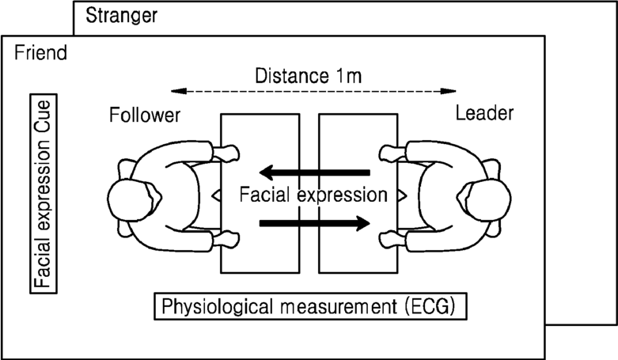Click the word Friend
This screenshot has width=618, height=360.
[x=40, y=54]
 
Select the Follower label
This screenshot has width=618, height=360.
[x=145, y=116]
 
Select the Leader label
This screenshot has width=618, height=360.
[x=484, y=114]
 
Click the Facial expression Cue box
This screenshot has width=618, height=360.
[x=40, y=195]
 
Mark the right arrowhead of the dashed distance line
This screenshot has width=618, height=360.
[x=451, y=90]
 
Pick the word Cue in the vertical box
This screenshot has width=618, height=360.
[x=40, y=117]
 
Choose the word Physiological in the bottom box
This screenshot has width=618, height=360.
[x=208, y=306]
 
